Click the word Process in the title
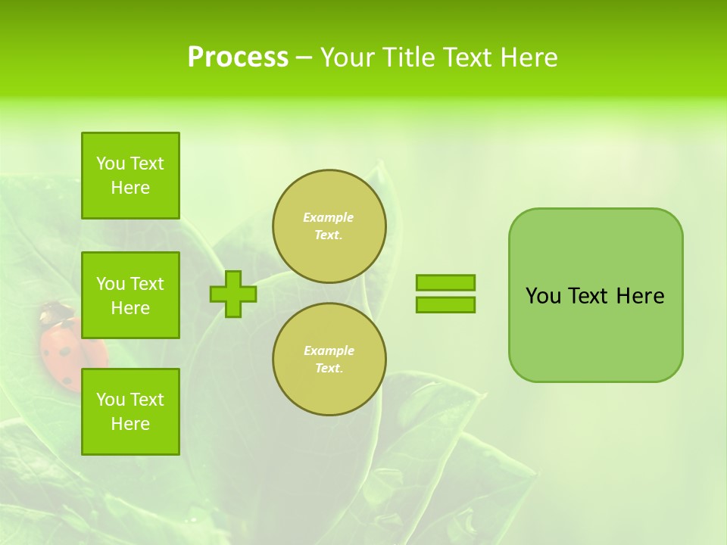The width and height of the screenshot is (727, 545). point(238,58)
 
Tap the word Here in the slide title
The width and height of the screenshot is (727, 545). point(527,58)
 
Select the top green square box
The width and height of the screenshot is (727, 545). point(130,176)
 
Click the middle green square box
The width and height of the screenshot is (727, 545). point(130,295)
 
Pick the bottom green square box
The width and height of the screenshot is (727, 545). point(130,412)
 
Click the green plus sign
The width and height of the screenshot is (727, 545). point(233,294)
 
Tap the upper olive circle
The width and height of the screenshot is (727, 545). point(329,226)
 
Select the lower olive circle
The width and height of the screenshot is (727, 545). point(329,360)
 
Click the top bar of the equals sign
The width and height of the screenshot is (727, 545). point(445,282)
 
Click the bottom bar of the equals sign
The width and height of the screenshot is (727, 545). point(445,304)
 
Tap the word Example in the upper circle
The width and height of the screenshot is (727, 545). point(328,217)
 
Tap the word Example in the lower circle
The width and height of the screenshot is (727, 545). point(328,350)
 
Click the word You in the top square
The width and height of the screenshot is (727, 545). point(111,163)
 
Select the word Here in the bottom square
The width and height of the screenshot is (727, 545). point(130,424)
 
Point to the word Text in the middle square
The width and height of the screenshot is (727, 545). point(146,284)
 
